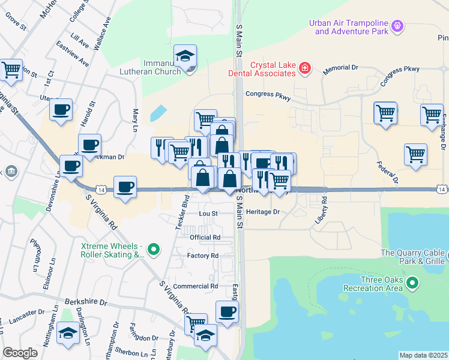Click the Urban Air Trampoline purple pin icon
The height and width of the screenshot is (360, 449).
click(x=397, y=26)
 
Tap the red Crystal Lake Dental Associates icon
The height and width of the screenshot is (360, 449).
click(x=305, y=68)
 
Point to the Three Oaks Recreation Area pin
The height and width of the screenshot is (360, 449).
click(x=412, y=282)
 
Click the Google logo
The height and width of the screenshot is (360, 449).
click(x=20, y=353)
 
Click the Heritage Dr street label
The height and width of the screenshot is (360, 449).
click(x=263, y=212)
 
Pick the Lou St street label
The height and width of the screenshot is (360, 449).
click(x=208, y=213)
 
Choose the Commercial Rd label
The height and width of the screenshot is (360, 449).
click(x=195, y=286)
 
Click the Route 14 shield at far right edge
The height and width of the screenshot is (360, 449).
click(x=441, y=190)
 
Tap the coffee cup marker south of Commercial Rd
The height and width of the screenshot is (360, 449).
click(x=227, y=312)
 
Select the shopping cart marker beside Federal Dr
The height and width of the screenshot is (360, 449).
click(x=415, y=155)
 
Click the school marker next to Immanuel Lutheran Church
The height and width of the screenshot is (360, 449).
click(x=185, y=56)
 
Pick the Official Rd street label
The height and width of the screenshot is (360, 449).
click(x=205, y=238)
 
